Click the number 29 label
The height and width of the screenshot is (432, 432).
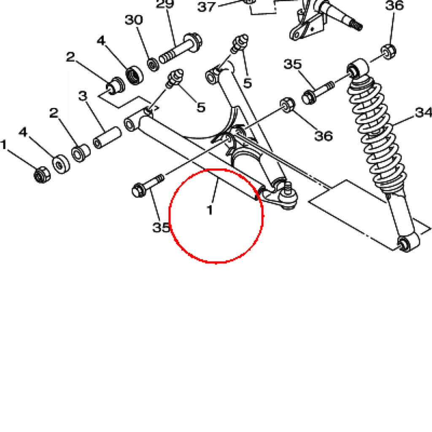click(x=165, y=4)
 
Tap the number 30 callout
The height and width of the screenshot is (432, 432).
click(x=134, y=20)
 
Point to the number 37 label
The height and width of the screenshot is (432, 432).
click(x=207, y=7)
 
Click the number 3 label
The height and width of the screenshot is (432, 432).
click(x=83, y=96)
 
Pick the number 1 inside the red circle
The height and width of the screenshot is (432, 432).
click(x=210, y=210)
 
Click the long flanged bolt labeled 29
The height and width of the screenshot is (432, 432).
click(x=181, y=49)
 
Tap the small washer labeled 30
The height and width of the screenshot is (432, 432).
click(x=153, y=65)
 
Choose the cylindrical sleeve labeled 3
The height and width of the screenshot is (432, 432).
click(x=108, y=138)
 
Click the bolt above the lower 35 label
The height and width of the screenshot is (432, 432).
click(x=148, y=186)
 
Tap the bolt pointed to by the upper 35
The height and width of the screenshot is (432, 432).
click(x=318, y=93)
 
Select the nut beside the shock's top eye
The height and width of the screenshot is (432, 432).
click(x=389, y=51)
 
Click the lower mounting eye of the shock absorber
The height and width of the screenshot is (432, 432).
click(x=408, y=243)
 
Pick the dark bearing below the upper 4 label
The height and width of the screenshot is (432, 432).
click(x=135, y=75)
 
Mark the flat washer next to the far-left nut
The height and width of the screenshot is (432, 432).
click(x=61, y=165)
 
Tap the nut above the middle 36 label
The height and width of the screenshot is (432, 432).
click(x=287, y=105)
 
